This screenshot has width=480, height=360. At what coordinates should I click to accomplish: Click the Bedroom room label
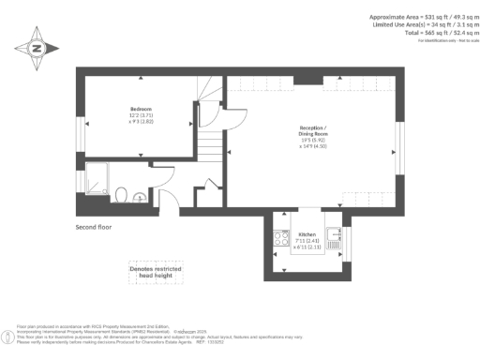[x=141, y=110]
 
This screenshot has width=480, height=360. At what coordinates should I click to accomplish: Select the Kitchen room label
[x=307, y=233]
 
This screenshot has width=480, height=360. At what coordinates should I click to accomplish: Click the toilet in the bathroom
[x=121, y=194]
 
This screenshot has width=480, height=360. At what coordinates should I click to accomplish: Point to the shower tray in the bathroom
[x=97, y=179]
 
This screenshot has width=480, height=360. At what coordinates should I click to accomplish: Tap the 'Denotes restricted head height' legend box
[x=155, y=273]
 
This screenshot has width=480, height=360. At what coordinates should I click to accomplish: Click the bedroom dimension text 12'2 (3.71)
[x=141, y=116]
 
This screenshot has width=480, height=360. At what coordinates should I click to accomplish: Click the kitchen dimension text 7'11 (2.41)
[x=307, y=240]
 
